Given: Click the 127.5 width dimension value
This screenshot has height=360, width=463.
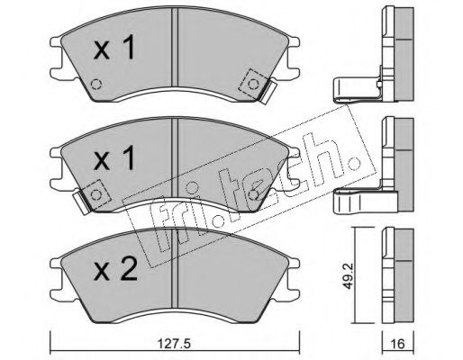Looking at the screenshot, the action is point(174,344).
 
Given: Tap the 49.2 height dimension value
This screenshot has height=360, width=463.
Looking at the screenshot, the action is point(348,276).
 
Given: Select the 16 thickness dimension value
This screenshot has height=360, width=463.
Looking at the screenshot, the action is point(398,344).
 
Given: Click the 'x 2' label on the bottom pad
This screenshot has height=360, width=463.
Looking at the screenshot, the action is point(115,269).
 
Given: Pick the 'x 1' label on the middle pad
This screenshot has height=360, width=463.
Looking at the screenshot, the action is point(114,159).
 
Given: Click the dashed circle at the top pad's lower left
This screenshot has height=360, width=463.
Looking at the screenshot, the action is point(96,84).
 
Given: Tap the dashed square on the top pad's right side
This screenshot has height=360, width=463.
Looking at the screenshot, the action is point(253,84).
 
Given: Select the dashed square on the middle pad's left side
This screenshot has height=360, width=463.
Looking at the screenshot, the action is point(96,195).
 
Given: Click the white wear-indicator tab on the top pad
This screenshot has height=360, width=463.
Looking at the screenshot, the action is point(268,93).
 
